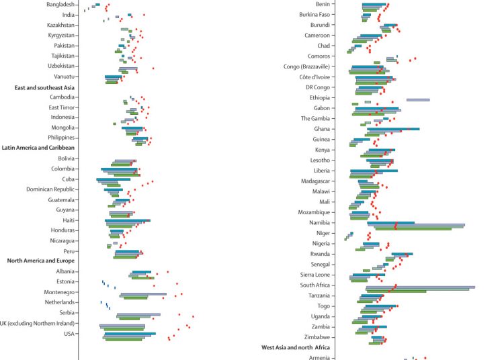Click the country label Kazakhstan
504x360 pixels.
point(56,25)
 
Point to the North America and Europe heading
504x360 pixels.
point(40,261)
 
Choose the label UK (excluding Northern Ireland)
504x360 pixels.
point(38,323)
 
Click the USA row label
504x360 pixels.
point(69,334)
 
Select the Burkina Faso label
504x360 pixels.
point(314,14)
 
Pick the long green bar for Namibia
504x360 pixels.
point(413,229)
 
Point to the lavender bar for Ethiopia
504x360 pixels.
point(418,99)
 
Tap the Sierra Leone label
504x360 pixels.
point(314,274)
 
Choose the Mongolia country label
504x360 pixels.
point(62,128)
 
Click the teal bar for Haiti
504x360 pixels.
point(127,220)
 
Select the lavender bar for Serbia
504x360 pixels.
point(138,314)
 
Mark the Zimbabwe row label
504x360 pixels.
point(317,336)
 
